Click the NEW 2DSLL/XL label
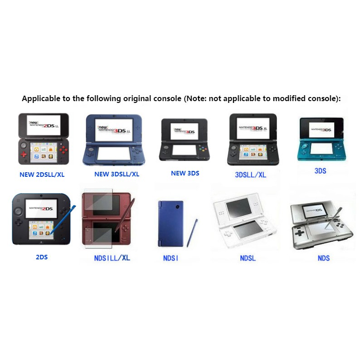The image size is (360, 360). click(42, 175)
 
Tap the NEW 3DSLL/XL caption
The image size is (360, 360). click(117, 174)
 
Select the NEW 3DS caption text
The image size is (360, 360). click(185, 173)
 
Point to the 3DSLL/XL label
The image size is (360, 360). click(250, 175)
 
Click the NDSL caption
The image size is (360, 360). click(248, 258)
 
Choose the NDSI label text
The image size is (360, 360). click(170, 258)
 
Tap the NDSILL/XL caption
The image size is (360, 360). click(112, 258)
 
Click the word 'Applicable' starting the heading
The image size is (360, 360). click(41, 98)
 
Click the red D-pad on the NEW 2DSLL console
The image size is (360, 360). click(24, 154)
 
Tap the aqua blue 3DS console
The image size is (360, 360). click(321, 139)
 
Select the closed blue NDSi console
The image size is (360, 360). click(170, 224)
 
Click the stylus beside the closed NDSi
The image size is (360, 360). click(192, 233)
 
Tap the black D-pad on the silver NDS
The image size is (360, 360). click(299, 233)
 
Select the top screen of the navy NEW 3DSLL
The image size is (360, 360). click(114, 130)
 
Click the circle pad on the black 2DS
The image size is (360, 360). click(19, 211)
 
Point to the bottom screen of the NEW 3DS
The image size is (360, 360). click(185, 150)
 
